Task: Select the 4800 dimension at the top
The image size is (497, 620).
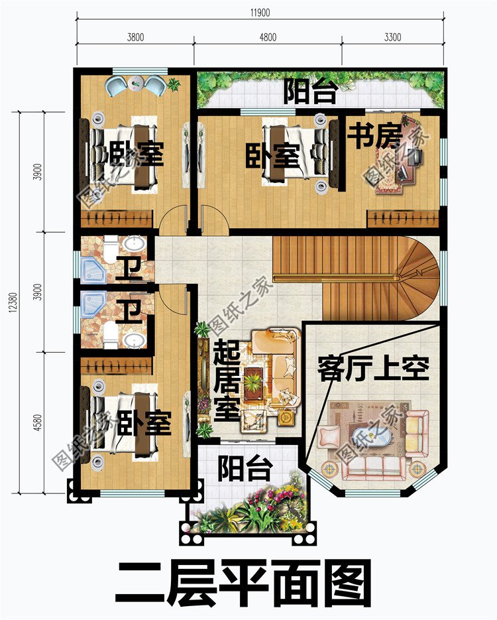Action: (x=268, y=38)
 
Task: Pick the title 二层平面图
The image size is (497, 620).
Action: (x=243, y=584)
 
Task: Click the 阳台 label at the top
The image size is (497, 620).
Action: (x=310, y=92)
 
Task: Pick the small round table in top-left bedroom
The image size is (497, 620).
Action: (x=135, y=84)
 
